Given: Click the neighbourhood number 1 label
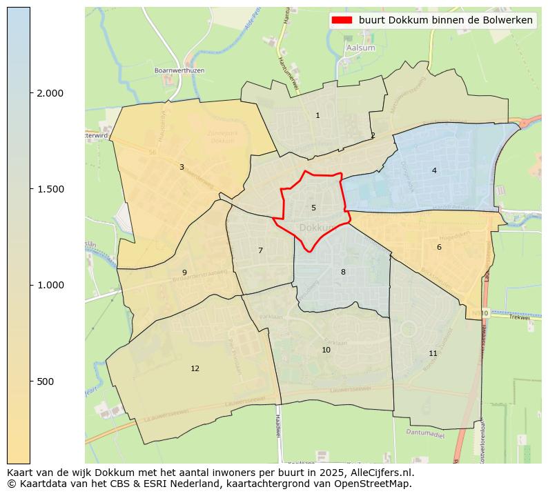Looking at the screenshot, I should coord(317,115).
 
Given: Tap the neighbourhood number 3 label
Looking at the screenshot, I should coord(182,167).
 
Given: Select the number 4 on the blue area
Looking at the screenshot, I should coord(434,170).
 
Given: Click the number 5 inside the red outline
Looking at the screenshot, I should coord(313,208).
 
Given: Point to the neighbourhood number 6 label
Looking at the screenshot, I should coord(439,247).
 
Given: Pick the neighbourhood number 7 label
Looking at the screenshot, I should coord(260,250).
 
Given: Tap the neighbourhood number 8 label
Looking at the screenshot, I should coord(343,272).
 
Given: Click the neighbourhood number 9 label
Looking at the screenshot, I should coord(184,272).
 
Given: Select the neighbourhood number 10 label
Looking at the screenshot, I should coord(326,350).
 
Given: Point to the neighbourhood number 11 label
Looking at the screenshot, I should coord(433,353).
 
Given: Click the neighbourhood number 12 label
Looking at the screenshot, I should coord(195,368).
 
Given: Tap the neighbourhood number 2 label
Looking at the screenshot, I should coord(373,135).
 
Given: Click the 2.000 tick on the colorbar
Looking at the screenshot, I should coord(49,93).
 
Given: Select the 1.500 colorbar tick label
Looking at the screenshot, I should coord(49,189).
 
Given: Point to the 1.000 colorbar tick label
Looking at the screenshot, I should coord(49,285).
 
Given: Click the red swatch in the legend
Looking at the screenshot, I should coord(342,20).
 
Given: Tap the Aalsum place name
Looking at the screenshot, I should coord(360,48).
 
